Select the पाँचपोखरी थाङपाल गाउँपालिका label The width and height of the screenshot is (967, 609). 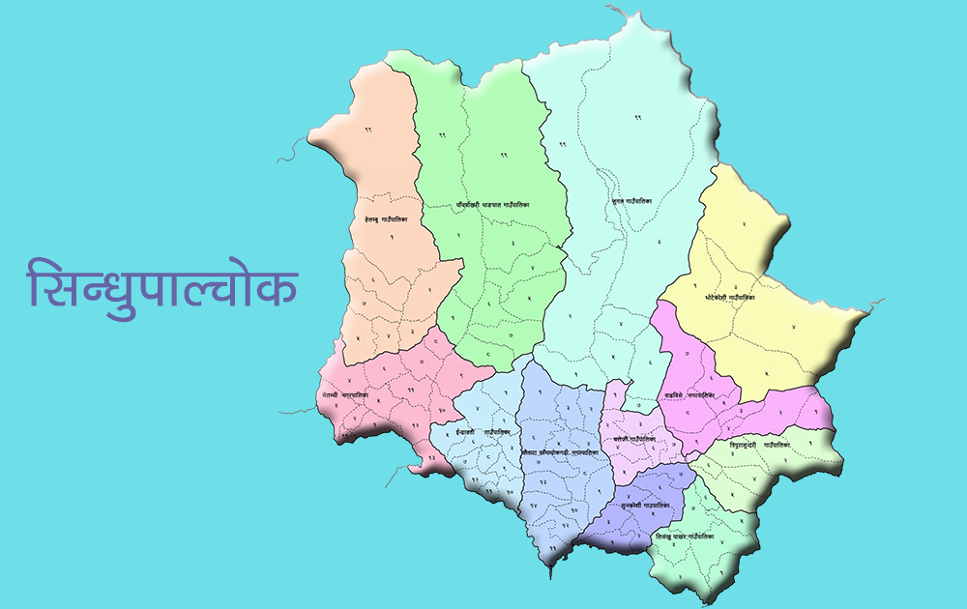(493, 205)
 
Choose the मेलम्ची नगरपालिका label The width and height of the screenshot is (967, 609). (354, 397)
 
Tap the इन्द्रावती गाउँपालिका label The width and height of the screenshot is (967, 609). (483, 432)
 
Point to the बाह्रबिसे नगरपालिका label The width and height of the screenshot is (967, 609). (689, 395)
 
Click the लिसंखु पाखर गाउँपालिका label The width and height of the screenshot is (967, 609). (685, 536)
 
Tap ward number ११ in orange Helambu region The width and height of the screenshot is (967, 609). (368, 130)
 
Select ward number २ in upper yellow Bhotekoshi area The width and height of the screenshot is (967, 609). (744, 223)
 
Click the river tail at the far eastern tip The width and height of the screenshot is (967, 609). (875, 304)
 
